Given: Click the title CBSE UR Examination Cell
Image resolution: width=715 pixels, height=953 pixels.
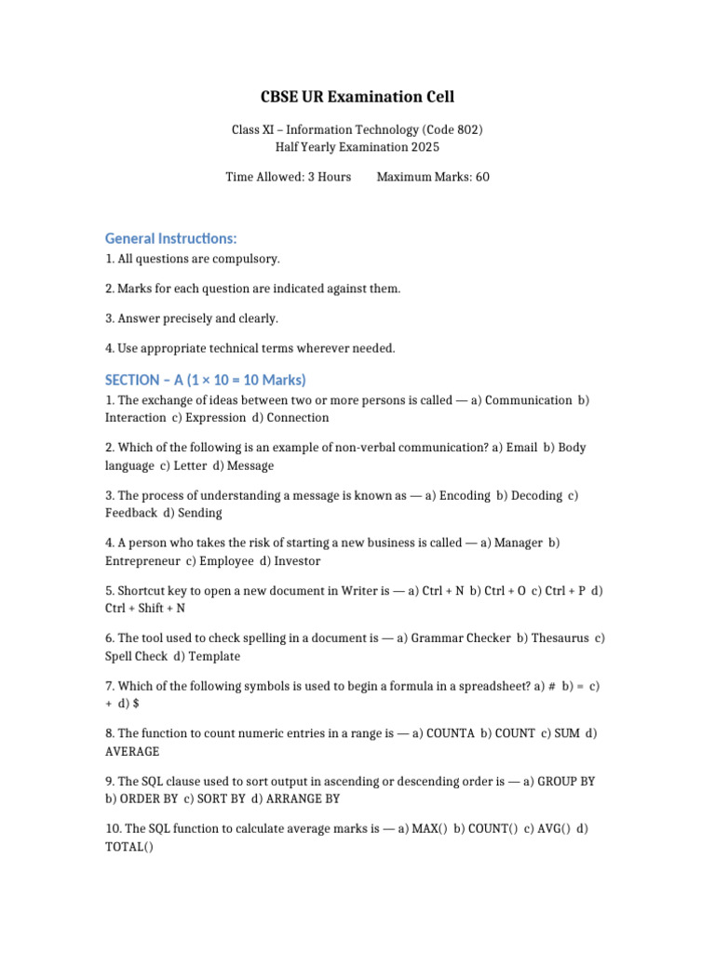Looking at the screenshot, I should coord(357,97).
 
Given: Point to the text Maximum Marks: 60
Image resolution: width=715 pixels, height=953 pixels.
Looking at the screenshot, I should coord(432,177).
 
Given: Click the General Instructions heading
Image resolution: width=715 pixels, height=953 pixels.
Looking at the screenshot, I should coord(170,239).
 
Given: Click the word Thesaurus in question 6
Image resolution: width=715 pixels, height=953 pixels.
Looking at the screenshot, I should coord(558,638).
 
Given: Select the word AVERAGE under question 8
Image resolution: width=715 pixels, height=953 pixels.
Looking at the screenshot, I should coord(132,751).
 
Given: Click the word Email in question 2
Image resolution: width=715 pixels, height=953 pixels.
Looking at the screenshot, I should coord(521,448).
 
